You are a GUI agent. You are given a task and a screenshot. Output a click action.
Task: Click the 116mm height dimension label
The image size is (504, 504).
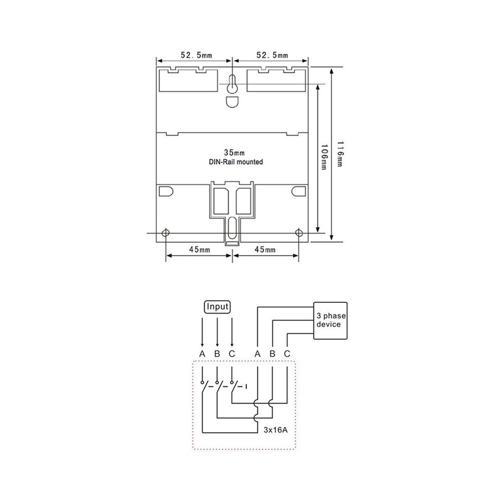point(340,154)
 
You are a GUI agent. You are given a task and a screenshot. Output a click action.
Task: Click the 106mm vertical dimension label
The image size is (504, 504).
point(325,157)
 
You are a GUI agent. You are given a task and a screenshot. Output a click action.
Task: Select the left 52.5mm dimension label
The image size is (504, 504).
point(197,55)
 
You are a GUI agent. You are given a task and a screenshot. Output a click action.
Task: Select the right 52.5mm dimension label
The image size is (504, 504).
point(272,55)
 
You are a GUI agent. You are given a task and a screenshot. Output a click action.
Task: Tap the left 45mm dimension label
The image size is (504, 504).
point(199,249)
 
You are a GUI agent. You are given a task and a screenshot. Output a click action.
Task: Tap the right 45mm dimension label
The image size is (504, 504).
point(265,249)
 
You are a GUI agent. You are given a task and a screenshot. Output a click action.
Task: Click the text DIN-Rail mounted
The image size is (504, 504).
point(236,162)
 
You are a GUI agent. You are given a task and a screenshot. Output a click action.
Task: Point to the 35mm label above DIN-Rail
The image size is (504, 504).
point(234,152)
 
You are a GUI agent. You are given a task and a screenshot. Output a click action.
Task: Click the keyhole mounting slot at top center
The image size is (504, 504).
point(232,85)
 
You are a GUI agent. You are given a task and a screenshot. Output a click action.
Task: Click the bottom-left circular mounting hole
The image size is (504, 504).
point(165,232)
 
